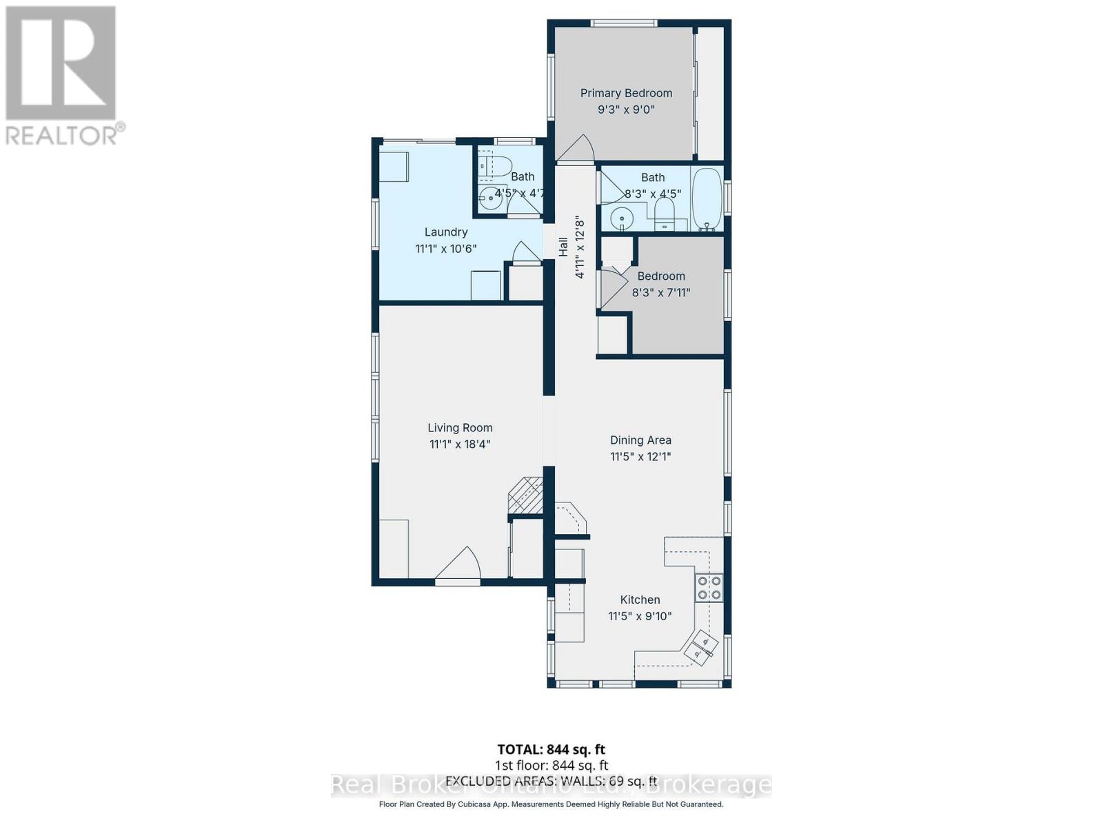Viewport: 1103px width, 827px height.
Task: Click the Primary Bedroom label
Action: (626, 93)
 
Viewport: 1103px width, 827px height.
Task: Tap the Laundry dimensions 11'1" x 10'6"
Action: (446, 249)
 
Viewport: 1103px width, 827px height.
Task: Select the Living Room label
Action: (460, 427)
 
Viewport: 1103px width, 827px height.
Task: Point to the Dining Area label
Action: (640, 440)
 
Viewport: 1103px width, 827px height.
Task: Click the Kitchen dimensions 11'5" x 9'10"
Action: (640, 616)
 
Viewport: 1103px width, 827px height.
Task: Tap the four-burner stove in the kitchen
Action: (709, 587)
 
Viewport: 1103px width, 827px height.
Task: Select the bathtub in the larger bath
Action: (707, 198)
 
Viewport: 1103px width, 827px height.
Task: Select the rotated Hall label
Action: (563, 247)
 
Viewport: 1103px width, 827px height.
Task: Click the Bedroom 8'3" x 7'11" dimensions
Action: (661, 292)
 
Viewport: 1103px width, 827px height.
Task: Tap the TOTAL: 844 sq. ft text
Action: (551, 749)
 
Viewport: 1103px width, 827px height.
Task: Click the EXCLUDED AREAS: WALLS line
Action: (551, 781)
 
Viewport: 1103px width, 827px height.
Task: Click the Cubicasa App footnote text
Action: (551, 804)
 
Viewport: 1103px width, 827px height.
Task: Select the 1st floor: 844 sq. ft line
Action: (551, 765)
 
